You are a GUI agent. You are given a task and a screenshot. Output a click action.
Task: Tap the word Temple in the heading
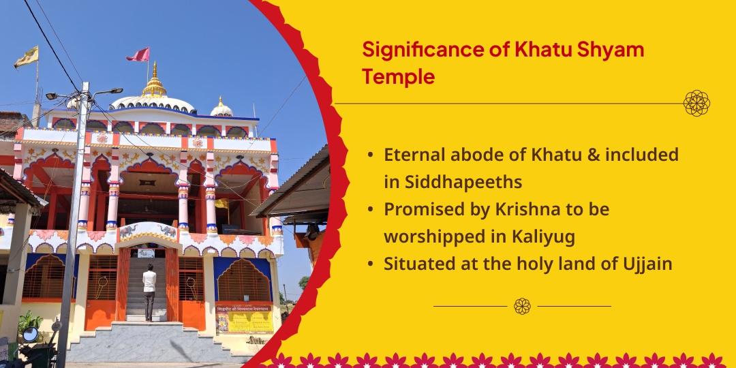398,77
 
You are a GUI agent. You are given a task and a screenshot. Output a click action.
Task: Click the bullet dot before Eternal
369,155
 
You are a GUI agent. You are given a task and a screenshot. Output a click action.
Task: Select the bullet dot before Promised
369,210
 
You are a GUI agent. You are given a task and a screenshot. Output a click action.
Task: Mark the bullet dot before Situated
369,264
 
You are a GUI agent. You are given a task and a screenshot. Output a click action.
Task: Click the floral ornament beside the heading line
696,103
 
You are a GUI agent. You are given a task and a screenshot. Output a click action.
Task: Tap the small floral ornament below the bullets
522,306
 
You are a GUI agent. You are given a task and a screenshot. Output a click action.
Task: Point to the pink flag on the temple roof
138,54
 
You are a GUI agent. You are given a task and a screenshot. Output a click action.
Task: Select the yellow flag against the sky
26,57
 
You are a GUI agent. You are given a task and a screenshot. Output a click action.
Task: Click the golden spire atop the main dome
155,81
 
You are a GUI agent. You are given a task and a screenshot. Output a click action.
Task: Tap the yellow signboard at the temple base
243,318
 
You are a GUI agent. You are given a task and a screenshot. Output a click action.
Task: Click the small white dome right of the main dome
221,108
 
